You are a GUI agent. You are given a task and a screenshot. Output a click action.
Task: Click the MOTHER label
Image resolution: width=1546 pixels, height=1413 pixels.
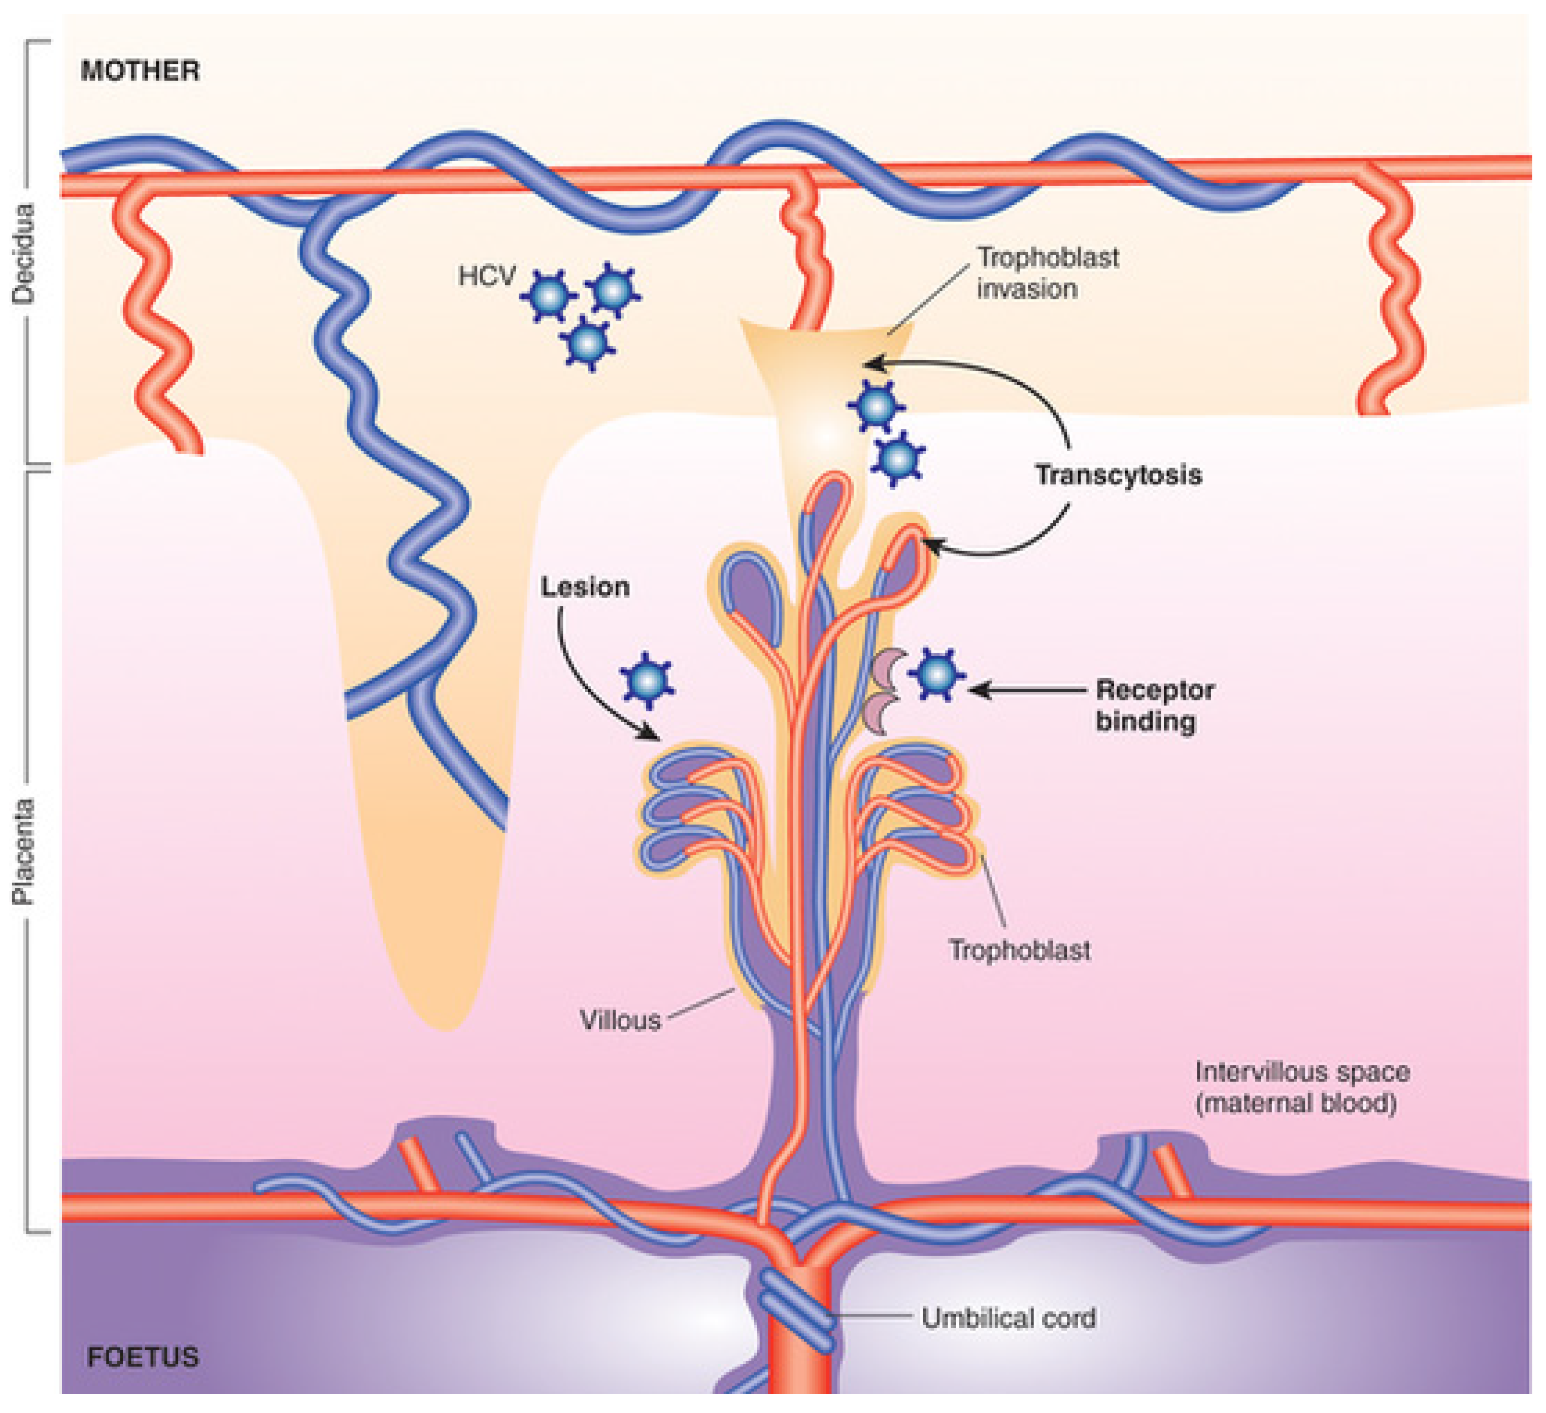140,71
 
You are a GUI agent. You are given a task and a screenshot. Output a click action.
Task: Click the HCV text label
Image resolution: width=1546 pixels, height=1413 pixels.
487,276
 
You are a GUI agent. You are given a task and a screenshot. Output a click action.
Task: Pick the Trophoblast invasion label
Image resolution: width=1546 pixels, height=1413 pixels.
1047,273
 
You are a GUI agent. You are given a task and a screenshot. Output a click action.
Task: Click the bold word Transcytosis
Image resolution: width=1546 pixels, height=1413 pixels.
1118,475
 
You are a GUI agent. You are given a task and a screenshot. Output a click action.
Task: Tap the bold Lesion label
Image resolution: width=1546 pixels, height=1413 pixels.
585,587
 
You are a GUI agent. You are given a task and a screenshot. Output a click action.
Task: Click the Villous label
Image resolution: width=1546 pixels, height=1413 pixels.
620,1021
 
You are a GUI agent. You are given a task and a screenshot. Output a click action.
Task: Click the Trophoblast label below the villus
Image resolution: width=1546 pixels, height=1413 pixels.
1019,951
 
